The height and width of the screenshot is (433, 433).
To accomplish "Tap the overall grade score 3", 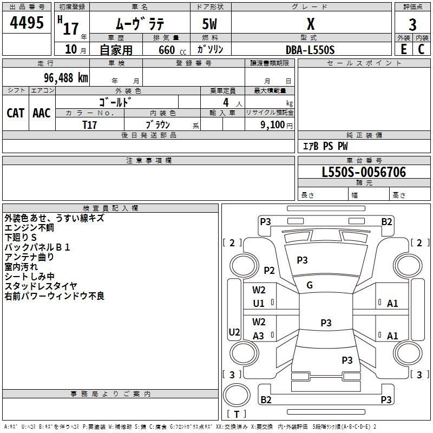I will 412,24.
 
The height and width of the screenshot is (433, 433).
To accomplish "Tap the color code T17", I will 89,124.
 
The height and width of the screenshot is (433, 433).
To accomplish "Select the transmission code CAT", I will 15,113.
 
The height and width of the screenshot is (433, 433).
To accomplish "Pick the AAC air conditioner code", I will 42,113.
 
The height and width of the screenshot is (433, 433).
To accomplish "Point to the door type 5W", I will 210,24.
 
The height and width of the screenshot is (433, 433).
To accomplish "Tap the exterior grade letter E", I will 404,49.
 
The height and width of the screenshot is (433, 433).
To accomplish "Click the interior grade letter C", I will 421,49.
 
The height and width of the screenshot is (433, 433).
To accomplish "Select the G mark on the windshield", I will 310,285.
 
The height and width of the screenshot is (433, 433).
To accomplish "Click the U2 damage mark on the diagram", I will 234,332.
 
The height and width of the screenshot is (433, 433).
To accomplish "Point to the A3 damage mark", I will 259,336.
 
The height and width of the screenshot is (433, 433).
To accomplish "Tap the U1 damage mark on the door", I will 259,304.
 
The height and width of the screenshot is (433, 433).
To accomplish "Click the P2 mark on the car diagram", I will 269,271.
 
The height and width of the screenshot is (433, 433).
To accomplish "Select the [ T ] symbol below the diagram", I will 237,414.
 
